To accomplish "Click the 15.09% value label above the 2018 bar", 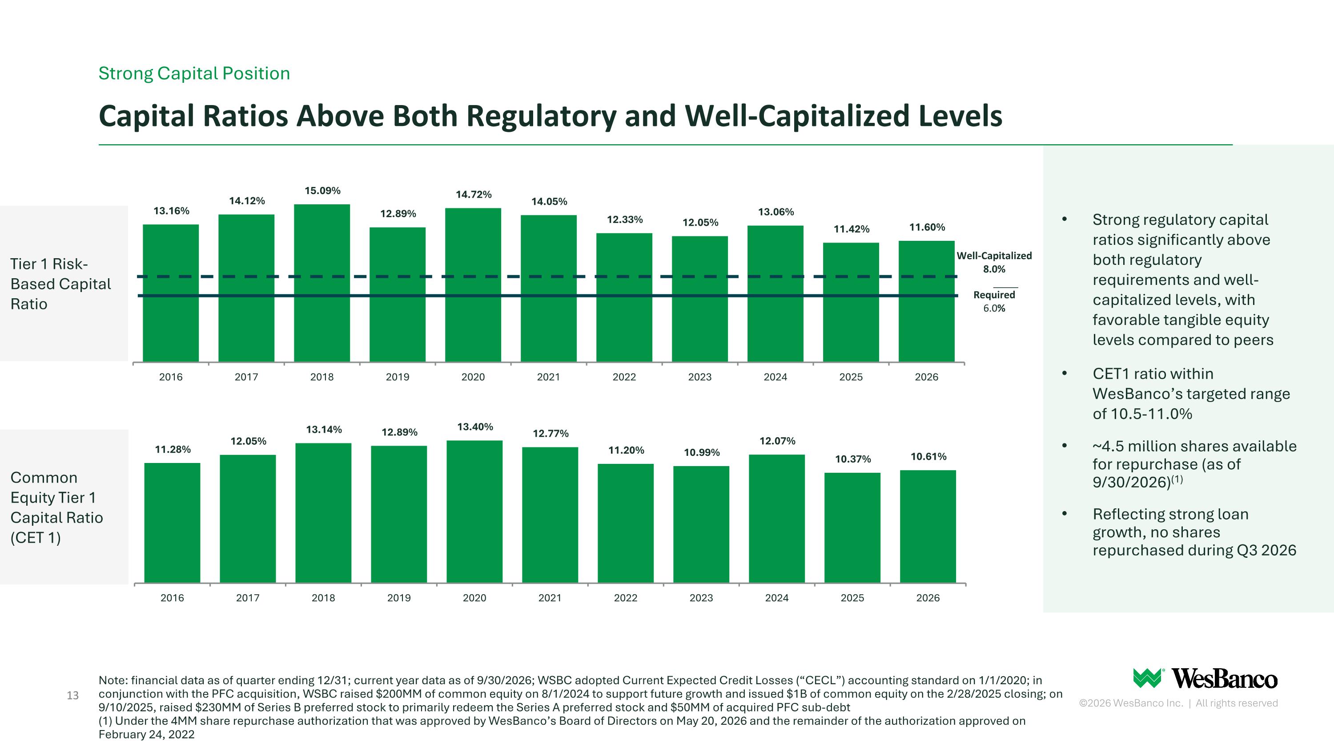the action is click(322, 191).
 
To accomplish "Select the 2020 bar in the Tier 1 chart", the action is click(473, 284).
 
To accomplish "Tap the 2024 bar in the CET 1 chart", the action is click(777, 518).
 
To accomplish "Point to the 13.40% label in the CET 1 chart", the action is click(475, 427).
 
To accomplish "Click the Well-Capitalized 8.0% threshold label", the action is click(994, 262).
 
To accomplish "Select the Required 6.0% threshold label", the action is click(994, 301).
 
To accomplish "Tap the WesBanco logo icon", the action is click(1148, 678).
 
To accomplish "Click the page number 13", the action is click(73, 695).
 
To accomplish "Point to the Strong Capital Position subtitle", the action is click(194, 73).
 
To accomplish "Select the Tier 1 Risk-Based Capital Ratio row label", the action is click(60, 284).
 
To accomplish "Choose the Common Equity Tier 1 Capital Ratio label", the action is click(57, 507).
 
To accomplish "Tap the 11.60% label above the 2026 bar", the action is click(927, 227).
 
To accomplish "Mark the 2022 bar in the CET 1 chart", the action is click(626, 523).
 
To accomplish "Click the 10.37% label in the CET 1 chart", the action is click(853, 459).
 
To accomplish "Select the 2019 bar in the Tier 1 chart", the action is click(398, 294).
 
